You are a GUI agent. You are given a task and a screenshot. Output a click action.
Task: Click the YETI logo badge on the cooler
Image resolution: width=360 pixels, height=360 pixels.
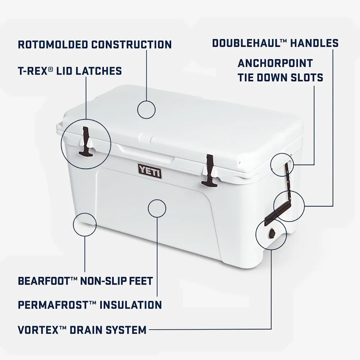150,171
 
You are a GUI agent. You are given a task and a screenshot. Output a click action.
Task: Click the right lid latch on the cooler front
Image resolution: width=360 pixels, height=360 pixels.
209,170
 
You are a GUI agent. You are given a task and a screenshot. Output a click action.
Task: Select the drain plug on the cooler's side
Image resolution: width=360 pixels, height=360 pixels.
271,233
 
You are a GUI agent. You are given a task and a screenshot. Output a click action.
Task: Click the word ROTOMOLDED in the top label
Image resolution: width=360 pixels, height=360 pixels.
53,45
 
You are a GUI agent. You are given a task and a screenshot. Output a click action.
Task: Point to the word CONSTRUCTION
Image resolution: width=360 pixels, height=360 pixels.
131,45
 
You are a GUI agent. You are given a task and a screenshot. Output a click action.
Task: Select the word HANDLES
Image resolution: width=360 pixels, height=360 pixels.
314,43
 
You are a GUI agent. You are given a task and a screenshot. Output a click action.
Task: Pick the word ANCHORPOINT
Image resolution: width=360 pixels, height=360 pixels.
275,63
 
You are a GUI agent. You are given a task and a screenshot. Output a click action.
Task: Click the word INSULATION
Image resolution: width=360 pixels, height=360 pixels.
131,305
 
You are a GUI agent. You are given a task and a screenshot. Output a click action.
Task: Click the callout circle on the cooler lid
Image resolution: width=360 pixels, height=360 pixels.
147,101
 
